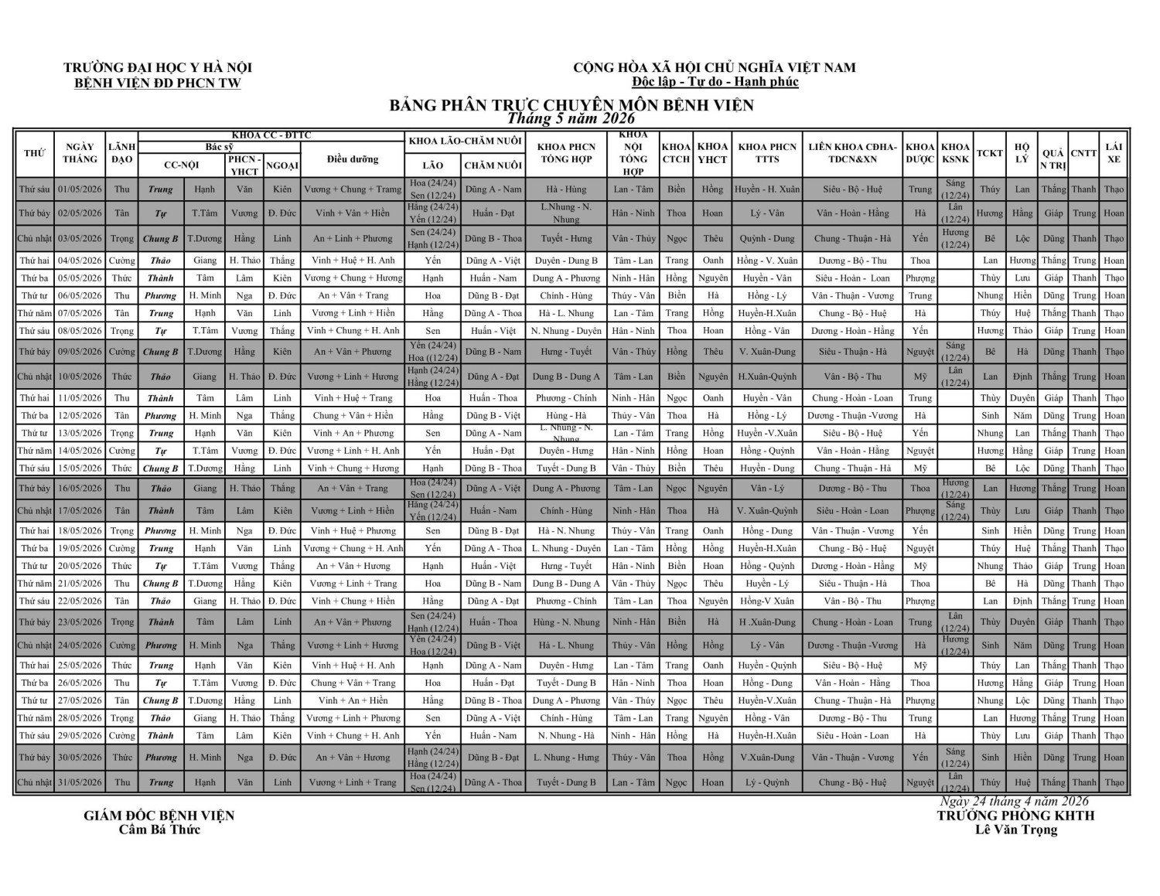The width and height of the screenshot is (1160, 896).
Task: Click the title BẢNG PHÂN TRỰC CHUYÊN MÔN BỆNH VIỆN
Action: coord(571,104)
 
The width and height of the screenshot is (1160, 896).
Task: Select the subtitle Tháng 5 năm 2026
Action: coord(571,118)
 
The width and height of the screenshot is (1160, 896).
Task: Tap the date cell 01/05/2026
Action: coord(80,189)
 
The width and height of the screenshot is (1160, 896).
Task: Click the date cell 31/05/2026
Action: coord(80,782)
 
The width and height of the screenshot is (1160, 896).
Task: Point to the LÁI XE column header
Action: coord(1114,153)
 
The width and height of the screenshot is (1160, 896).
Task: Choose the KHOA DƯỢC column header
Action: coord(919,153)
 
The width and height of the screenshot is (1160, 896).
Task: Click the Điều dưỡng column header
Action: coord(353,159)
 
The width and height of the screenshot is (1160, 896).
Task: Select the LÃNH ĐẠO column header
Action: coord(122,153)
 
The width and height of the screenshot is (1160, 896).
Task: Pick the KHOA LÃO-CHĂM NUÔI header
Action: coord(466,141)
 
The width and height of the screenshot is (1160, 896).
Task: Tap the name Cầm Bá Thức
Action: coord(159,830)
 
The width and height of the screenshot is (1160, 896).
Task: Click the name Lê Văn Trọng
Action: coord(1015,830)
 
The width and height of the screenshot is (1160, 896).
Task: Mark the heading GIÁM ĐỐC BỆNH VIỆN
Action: coord(159,816)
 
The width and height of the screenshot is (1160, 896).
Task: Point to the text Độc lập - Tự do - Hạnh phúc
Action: coord(715,82)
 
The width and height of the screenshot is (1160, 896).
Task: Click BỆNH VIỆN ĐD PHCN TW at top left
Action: coord(158,83)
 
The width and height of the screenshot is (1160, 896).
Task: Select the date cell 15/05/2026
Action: coord(80,468)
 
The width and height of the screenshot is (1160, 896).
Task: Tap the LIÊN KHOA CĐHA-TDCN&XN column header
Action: coord(852,153)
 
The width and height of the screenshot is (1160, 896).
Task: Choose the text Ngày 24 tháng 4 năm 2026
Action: coord(1014,801)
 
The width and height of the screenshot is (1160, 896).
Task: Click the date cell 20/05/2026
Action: coord(80,566)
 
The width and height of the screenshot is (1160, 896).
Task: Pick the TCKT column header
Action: coord(989,153)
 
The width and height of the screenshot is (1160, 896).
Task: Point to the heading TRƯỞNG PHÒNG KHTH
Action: coord(1015,816)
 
